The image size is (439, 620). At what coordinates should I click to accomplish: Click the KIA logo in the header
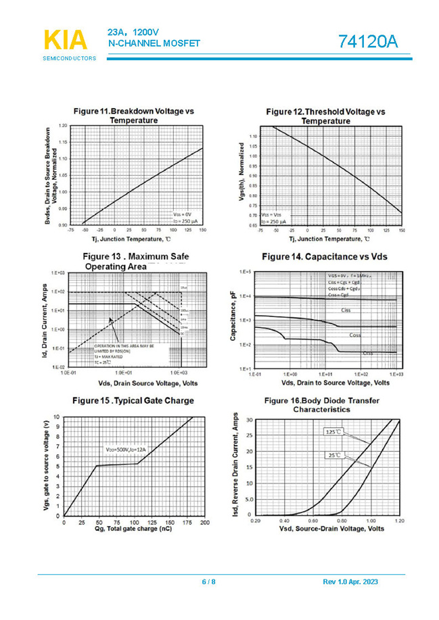(66, 40)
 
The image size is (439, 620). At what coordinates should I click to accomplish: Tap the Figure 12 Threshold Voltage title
(325, 116)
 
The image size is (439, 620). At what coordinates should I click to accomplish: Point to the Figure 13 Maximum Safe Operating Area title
(135, 261)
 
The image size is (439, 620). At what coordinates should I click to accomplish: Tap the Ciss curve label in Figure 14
(346, 310)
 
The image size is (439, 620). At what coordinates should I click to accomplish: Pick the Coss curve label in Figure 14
(355, 335)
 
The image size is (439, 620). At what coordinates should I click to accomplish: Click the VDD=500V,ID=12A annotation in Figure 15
(125, 450)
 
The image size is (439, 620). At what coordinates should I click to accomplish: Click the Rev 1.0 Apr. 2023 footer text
(350, 582)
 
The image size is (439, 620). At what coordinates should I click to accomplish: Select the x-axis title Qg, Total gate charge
(133, 529)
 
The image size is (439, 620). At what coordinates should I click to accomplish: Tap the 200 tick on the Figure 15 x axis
(205, 523)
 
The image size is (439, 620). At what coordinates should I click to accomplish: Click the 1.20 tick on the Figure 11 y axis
(63, 126)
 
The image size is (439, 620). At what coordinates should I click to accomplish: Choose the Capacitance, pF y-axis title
(233, 320)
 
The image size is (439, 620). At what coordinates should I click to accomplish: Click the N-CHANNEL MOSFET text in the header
(154, 44)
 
